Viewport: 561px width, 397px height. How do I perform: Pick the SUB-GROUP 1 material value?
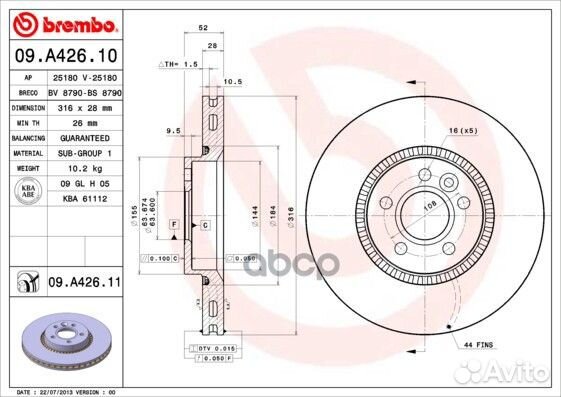click(82, 153)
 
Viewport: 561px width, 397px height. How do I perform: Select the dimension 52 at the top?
click(204, 29)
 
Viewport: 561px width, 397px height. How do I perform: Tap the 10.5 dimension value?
click(233, 82)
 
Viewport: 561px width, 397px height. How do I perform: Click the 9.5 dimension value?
click(172, 129)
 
